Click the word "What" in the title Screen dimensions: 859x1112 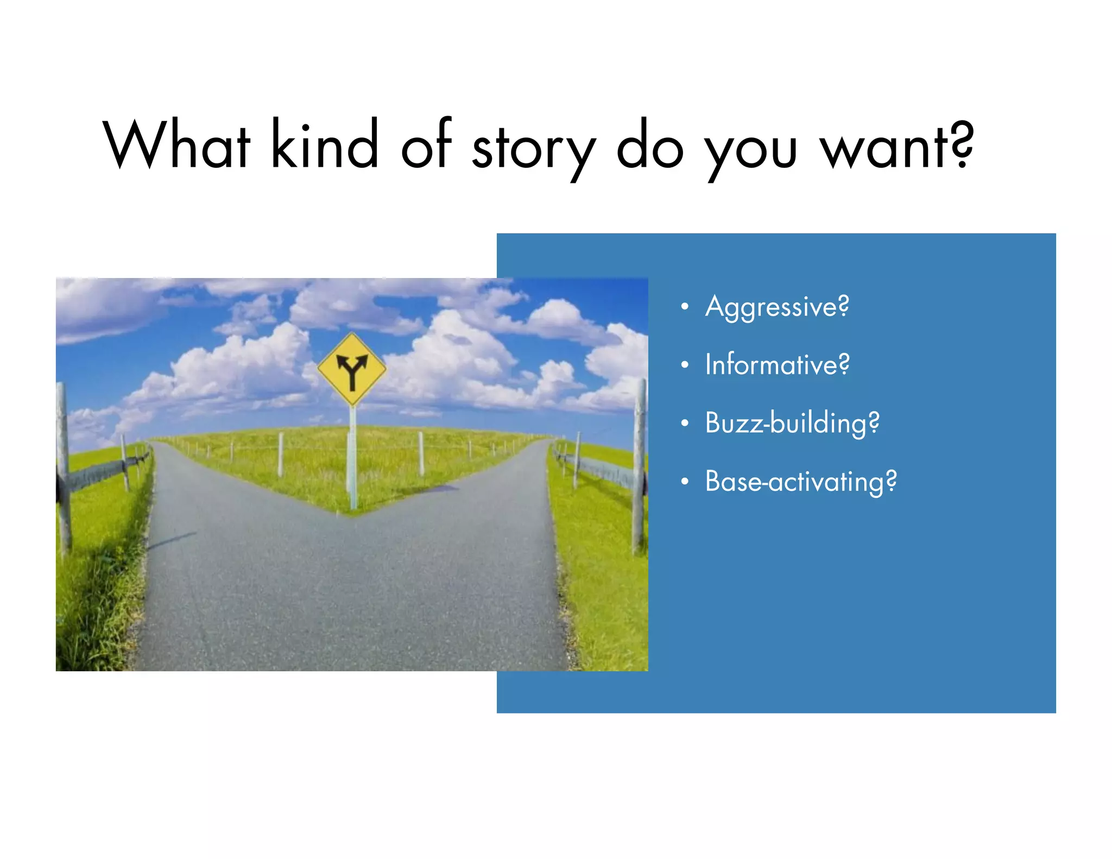tap(177, 144)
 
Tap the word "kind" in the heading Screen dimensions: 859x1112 tap(324, 144)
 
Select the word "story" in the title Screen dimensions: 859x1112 tap(534, 149)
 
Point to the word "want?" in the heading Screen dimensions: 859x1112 tap(896, 146)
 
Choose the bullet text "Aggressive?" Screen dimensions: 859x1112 tap(777, 307)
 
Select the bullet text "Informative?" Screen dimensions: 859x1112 tap(777, 364)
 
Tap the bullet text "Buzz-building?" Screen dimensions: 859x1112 tap(792, 423)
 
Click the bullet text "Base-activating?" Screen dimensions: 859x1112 tap(801, 482)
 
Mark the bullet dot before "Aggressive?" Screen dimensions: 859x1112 tap(685, 307)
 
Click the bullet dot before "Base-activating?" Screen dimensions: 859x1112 tap(685, 482)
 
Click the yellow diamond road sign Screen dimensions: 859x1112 tap(352, 369)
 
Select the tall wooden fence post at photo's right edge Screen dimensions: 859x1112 tap(640, 467)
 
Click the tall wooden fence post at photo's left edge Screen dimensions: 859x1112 tap(64, 467)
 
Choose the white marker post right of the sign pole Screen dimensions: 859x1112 tap(421, 453)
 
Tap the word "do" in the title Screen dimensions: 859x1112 tap(650, 144)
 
